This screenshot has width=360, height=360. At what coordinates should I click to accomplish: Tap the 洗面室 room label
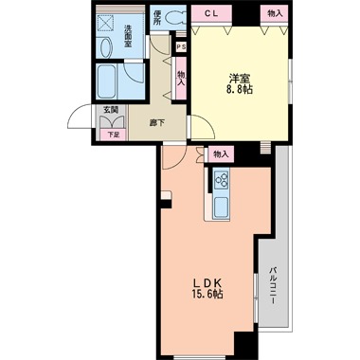coord(128,36)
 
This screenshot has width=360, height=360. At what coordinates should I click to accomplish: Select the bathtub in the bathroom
coord(106,81)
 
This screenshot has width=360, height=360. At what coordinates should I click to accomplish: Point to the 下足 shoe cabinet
coord(113,135)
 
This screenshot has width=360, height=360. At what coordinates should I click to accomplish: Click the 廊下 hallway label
coord(156,123)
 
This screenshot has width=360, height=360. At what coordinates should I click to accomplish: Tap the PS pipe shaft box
coord(181,47)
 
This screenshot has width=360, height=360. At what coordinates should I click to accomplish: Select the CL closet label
coord(211,14)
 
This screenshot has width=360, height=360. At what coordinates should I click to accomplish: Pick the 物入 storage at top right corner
coord(274,13)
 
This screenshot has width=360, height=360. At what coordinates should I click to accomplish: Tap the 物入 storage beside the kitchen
coord(221,154)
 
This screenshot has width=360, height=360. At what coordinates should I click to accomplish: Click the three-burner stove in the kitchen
coord(222,179)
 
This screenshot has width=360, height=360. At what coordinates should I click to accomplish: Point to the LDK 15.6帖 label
coord(207,288)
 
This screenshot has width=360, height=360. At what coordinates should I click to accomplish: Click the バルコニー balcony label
coord(273,286)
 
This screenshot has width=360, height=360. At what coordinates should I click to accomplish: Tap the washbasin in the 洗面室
coord(106,46)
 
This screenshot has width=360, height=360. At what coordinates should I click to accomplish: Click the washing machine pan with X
coord(104,23)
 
